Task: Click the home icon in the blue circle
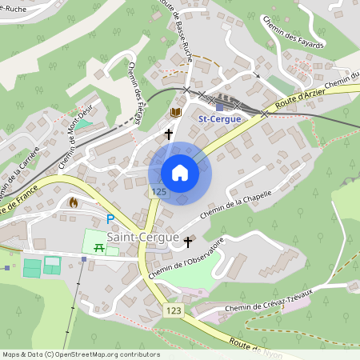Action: pos(180,173)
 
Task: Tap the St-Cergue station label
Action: pos(220,119)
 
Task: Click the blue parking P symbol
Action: pos(110,218)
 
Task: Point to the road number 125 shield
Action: pos(158,192)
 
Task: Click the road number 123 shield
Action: pos(174,309)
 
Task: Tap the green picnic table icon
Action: pos(99,248)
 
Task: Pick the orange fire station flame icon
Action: pos(74,203)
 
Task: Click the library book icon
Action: pos(176,113)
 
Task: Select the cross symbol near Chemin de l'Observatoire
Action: pos(189,241)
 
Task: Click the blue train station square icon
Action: pos(220,106)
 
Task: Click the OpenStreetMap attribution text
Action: pos(80,354)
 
